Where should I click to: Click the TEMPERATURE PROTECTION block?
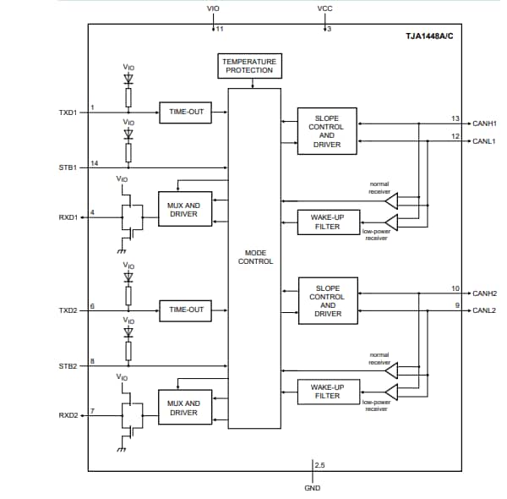coord(248,66)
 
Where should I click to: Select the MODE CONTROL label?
coord(255,257)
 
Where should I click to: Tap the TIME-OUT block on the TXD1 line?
coord(186,112)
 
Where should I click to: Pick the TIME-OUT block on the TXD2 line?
coord(186,310)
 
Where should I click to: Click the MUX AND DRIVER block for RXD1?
coord(183,210)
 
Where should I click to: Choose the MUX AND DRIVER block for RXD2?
coord(183,408)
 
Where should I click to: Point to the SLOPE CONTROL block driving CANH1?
coord(327,131)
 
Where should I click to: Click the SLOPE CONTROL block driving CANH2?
coord(327,301)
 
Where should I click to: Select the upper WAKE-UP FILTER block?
coord(327,222)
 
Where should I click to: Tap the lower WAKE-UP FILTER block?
coord(327,391)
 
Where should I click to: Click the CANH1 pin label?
coord(484,123)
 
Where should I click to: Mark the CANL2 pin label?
coord(484,310)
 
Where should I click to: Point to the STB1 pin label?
coord(68,167)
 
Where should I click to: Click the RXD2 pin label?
coord(68,415)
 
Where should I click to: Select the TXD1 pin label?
coord(68,112)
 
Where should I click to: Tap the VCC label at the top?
coord(324,8)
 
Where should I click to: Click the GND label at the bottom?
coord(312,488)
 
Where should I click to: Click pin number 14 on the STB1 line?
coord(95,162)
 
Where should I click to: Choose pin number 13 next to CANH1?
coord(455,118)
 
